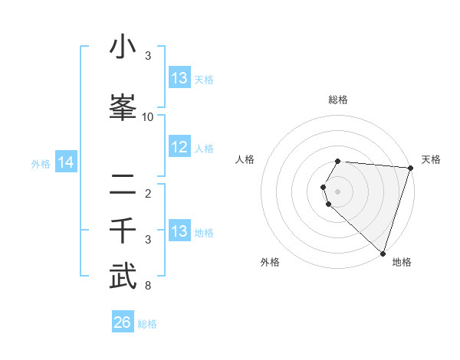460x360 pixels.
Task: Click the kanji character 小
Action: pos(123,47)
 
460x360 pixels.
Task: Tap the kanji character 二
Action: pos(123,184)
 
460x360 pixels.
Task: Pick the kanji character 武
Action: pos(123,277)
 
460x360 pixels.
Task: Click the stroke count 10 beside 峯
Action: pos(148,117)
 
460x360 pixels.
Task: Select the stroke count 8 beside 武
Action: pos(148,286)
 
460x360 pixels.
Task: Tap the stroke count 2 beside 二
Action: pos(148,194)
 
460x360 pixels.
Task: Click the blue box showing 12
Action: pos(179,147)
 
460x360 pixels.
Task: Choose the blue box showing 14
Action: pos(66,162)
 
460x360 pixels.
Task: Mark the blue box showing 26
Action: pos(123,322)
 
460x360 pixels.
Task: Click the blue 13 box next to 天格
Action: pos(179,78)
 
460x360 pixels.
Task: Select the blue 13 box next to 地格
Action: pos(179,231)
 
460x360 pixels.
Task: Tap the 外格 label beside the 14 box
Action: pos(40,163)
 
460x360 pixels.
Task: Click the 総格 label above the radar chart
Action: pos(337,100)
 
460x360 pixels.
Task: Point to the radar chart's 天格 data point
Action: pos(411,169)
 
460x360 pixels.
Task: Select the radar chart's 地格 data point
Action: pos(383,253)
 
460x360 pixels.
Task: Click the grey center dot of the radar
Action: pos(337,191)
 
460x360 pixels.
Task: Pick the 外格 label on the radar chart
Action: pos(270,262)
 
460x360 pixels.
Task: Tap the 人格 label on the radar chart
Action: pos(245,159)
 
